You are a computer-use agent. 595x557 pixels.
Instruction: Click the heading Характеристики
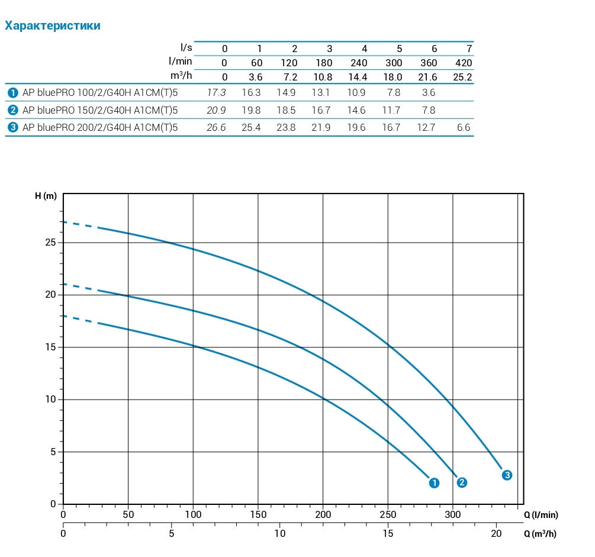(x=53, y=25)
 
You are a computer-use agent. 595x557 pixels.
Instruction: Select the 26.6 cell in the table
(x=216, y=127)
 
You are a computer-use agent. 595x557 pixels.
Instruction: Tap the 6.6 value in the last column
(x=464, y=127)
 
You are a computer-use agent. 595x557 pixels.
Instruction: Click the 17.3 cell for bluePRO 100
(x=216, y=93)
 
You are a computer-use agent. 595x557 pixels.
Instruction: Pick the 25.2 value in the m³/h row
(x=462, y=77)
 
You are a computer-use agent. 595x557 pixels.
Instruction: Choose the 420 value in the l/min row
(x=464, y=63)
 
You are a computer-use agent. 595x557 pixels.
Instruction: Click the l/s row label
(x=186, y=47)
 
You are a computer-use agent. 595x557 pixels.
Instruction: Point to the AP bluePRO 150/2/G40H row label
(x=99, y=110)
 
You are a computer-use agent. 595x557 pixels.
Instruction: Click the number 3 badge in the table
(x=12, y=127)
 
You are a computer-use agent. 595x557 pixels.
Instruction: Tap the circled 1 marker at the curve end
(x=434, y=483)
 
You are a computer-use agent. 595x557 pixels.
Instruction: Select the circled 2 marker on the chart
(x=462, y=482)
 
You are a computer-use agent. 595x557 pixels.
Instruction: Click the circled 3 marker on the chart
(x=507, y=475)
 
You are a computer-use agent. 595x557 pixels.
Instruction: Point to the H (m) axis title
(x=46, y=197)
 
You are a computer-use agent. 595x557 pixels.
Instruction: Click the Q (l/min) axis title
(x=541, y=515)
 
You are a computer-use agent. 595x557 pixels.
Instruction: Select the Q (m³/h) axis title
(x=540, y=533)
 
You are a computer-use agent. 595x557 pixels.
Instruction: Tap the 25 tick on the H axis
(x=52, y=243)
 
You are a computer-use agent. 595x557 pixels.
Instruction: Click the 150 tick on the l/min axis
(x=258, y=515)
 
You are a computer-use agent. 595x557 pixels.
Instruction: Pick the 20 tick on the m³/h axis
(x=496, y=533)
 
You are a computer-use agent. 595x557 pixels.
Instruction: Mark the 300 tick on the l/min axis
(x=452, y=515)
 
